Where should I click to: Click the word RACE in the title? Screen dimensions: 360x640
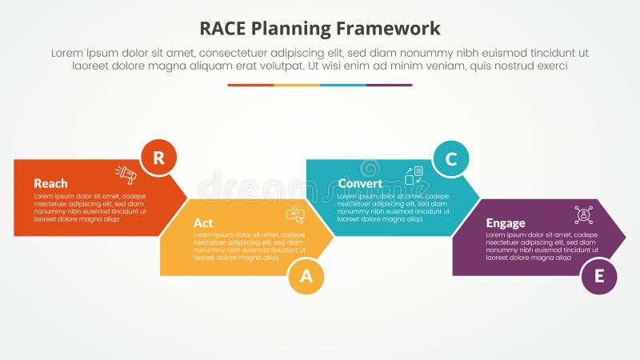(x=224, y=29)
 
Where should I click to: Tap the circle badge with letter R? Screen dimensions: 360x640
(x=158, y=158)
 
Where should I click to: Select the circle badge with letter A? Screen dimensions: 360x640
(x=306, y=276)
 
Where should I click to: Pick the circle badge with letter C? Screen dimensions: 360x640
(x=450, y=158)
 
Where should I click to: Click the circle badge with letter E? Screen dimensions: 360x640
(x=598, y=276)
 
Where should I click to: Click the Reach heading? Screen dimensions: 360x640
(x=50, y=183)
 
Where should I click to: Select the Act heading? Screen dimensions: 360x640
(x=203, y=222)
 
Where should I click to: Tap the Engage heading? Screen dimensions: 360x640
(x=506, y=222)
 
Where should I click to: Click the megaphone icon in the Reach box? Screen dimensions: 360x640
(x=126, y=174)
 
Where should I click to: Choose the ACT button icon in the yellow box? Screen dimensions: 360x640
(x=296, y=214)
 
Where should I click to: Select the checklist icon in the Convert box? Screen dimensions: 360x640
(x=414, y=175)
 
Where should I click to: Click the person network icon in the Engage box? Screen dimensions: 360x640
(x=583, y=214)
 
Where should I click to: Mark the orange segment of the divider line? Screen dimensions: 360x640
(x=250, y=85)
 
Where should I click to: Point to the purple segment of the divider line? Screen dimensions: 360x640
(x=389, y=85)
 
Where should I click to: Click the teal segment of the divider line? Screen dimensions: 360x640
(x=343, y=85)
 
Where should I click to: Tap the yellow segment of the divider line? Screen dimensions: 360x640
(x=297, y=85)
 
